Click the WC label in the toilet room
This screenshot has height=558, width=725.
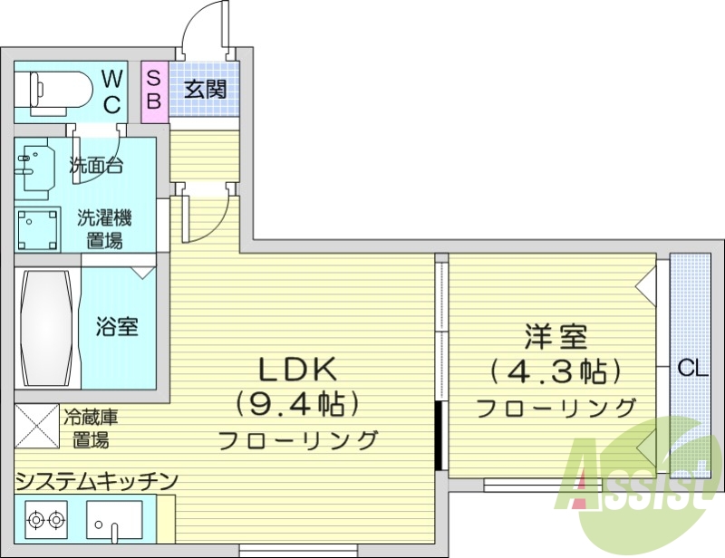point(111,91)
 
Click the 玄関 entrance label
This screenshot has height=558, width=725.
point(204,90)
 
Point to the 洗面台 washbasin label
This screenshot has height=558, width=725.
point(96,166)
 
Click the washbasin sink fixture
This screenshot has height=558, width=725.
point(36,166)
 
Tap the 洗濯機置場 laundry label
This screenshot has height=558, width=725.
point(104,228)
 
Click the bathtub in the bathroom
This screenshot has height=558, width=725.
point(46,329)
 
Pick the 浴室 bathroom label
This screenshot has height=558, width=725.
point(117,326)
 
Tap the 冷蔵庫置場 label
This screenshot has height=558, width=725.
point(91,429)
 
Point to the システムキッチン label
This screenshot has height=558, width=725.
point(96,480)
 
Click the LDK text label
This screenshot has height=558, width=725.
point(298,369)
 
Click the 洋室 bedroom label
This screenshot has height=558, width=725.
point(556,338)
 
